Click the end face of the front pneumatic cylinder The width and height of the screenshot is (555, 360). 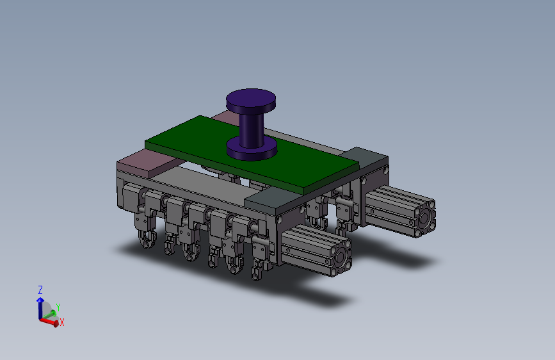coord(341,257)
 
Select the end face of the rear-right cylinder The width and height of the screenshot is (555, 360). coord(425,218)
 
